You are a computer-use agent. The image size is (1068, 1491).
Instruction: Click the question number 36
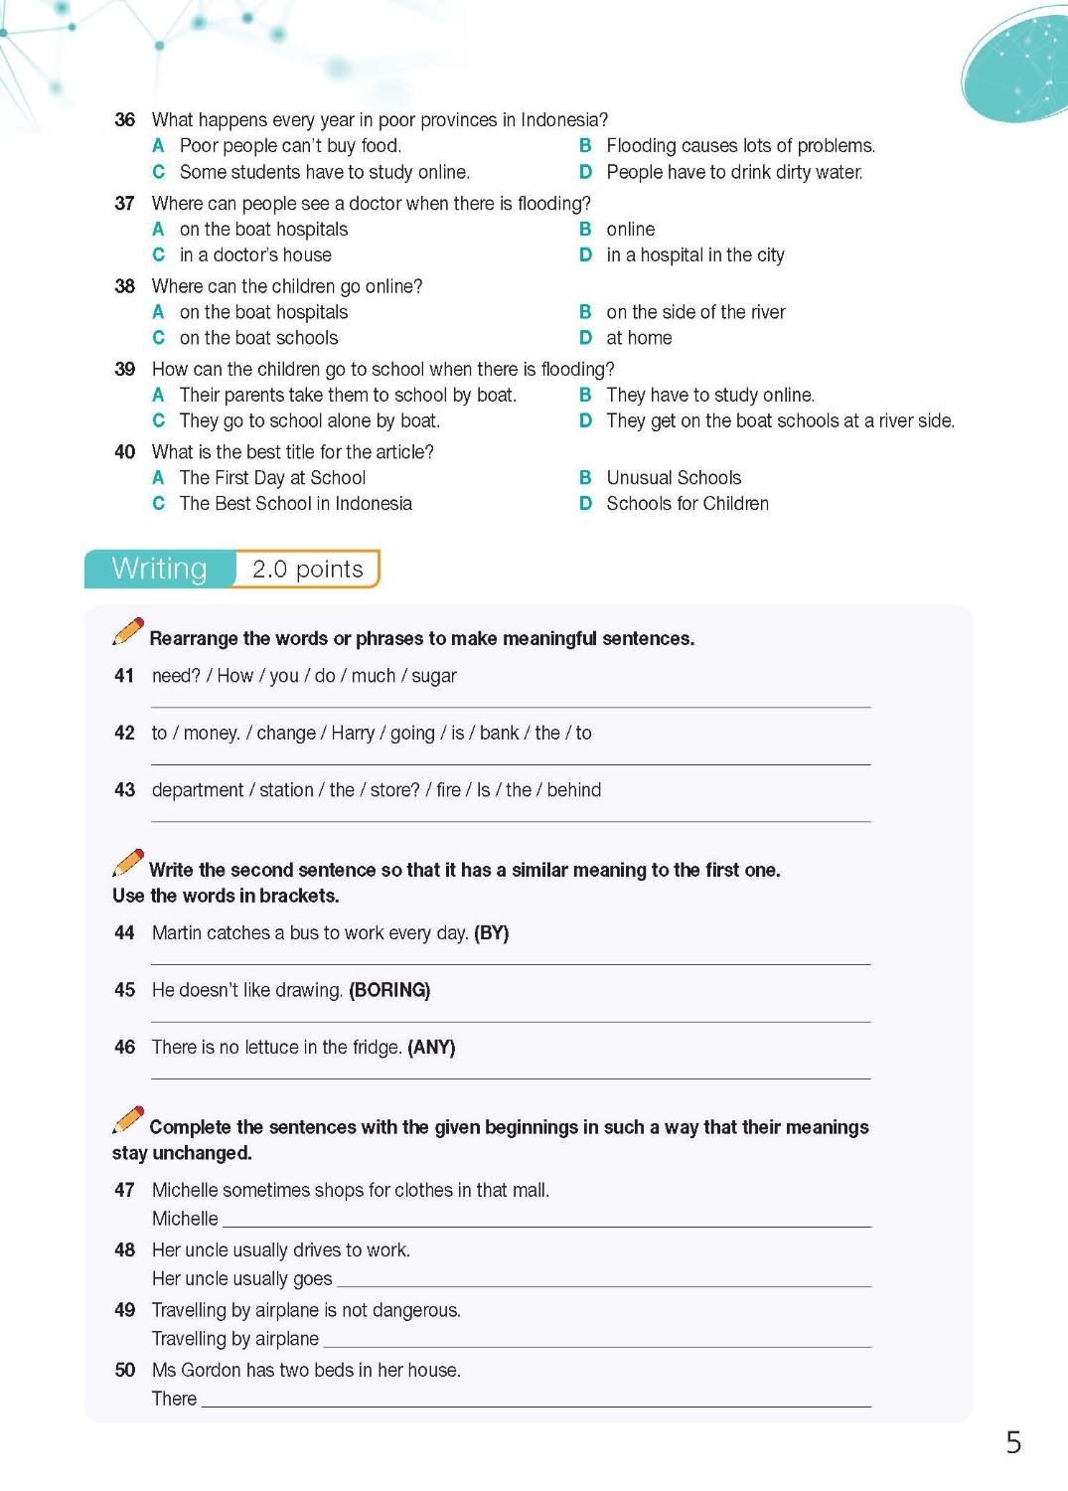tap(124, 120)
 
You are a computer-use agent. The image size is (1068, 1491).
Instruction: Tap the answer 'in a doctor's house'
tap(255, 255)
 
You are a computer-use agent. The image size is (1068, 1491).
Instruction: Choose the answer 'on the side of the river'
tap(695, 312)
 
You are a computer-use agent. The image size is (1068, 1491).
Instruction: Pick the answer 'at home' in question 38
tap(639, 338)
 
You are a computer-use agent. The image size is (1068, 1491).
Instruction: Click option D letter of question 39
tap(585, 420)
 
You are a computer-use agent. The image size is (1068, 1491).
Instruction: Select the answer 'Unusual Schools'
tap(674, 478)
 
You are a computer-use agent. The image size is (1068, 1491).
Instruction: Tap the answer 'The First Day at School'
tap(272, 478)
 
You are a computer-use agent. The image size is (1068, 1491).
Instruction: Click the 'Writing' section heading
tap(159, 569)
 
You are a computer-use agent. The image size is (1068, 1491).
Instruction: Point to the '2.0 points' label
tap(307, 570)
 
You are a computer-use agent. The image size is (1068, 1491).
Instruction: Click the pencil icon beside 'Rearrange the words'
tap(128, 631)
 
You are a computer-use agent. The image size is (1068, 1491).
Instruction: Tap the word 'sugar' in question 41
tap(434, 676)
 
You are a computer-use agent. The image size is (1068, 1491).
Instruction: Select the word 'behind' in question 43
tap(574, 790)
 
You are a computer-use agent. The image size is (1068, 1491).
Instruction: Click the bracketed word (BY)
tap(491, 933)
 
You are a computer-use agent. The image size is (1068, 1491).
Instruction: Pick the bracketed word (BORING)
tap(389, 990)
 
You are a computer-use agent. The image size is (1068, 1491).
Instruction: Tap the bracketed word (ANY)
tap(431, 1048)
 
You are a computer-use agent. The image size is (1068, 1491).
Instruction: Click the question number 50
tap(124, 1371)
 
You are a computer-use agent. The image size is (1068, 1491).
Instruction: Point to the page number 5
tap(1013, 1442)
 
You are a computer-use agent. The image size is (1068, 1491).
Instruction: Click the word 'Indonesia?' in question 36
tap(564, 120)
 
